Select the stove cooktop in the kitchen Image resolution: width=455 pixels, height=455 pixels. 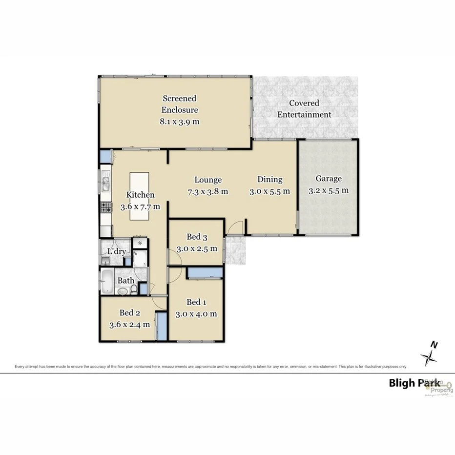106,207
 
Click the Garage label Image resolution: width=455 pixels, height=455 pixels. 328,179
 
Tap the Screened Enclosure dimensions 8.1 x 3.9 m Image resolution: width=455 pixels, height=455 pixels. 180,122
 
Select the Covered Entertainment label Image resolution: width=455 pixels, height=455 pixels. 304,109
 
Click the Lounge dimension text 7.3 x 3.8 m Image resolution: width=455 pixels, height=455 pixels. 207,191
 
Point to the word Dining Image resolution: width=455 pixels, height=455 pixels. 269,180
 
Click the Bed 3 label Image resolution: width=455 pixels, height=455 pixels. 197,237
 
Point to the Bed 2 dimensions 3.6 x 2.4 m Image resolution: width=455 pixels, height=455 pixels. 129,324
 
